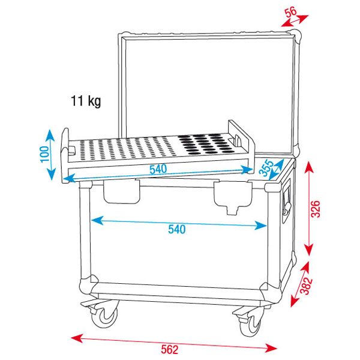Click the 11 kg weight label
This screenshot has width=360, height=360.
[x=86, y=101]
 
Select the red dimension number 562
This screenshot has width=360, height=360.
[x=169, y=350]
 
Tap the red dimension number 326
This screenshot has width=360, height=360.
[x=315, y=209]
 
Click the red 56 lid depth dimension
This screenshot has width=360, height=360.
[x=291, y=13]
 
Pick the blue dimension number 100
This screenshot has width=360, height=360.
[x=45, y=154]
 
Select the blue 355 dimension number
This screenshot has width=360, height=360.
[x=266, y=167]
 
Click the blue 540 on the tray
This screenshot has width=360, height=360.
[x=158, y=169]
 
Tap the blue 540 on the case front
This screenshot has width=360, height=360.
[x=177, y=229]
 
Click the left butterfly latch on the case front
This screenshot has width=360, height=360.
[x=121, y=191]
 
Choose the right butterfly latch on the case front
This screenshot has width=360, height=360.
[x=232, y=197]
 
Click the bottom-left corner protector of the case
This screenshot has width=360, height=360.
[x=89, y=286]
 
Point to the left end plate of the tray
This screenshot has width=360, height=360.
[x=65, y=155]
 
